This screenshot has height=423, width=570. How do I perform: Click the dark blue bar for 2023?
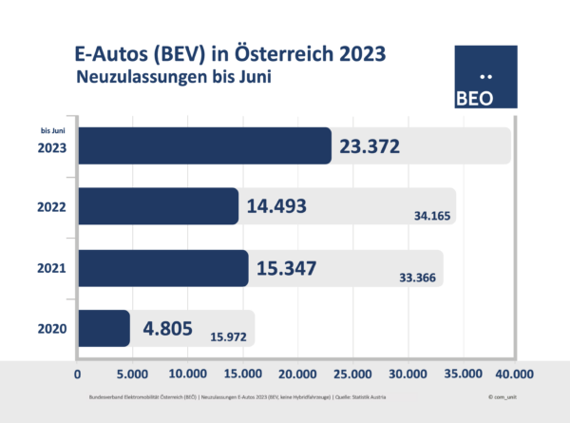[x=204, y=145]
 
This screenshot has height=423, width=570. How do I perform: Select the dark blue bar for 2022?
[x=158, y=206]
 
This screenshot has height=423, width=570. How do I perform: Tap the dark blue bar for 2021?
[x=162, y=268]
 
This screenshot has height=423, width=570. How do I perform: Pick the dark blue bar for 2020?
[x=103, y=329]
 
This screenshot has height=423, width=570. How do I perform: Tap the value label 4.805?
[x=168, y=328]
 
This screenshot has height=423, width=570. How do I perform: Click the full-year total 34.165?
[x=430, y=216]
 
